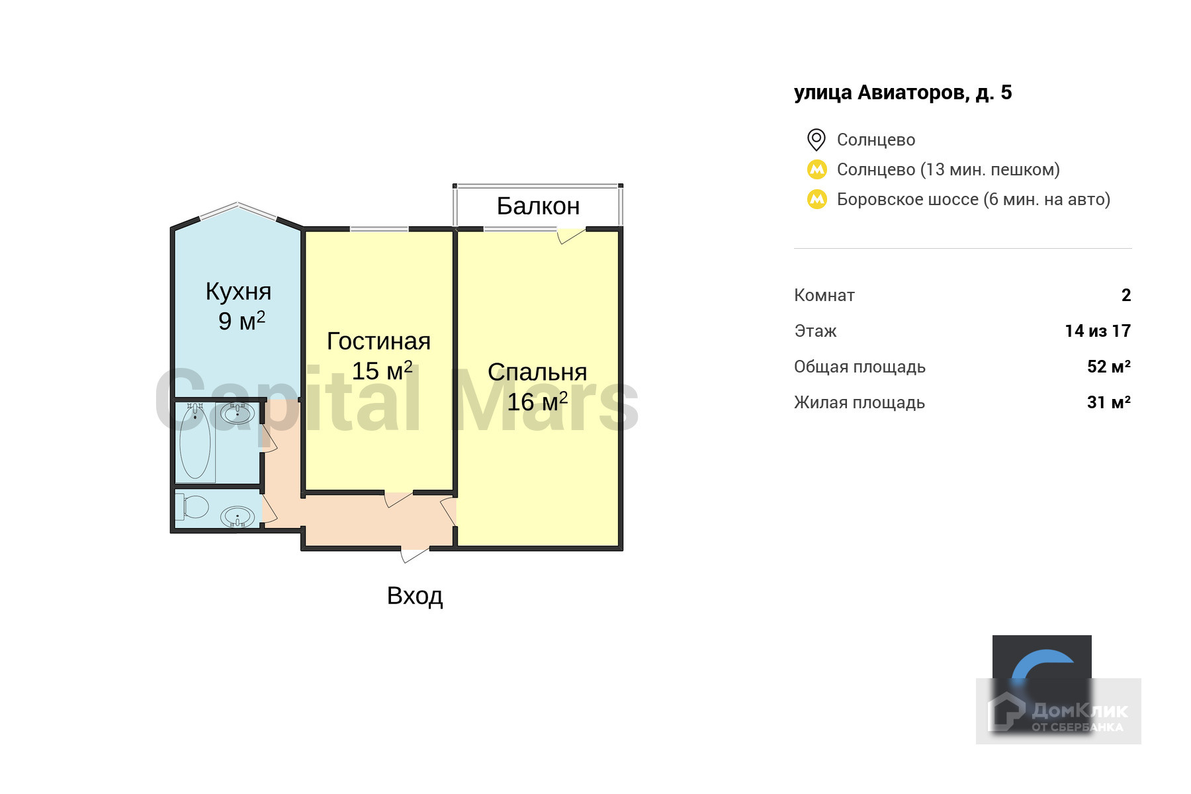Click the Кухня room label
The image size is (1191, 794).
click(x=238, y=292)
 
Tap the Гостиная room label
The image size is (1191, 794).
click(x=378, y=341)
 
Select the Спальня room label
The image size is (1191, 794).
click(x=537, y=373)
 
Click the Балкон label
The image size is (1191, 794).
click(x=538, y=206)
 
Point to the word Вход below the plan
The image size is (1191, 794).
click(x=415, y=596)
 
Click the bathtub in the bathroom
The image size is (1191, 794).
click(x=195, y=442)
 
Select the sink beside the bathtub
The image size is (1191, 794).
click(x=237, y=414)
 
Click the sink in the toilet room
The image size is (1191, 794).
click(x=237, y=516)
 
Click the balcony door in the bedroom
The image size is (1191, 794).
click(x=570, y=235)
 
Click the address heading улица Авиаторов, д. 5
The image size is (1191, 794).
click(x=903, y=93)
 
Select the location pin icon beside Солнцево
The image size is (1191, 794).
click(x=816, y=140)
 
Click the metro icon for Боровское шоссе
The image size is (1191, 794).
click(x=817, y=199)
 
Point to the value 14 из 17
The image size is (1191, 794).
click(x=1098, y=331)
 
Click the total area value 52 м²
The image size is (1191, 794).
click(x=1108, y=367)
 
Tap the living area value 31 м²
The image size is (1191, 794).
click(x=1108, y=402)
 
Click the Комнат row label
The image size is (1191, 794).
click(x=824, y=295)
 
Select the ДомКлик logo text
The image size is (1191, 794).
click(x=1079, y=711)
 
